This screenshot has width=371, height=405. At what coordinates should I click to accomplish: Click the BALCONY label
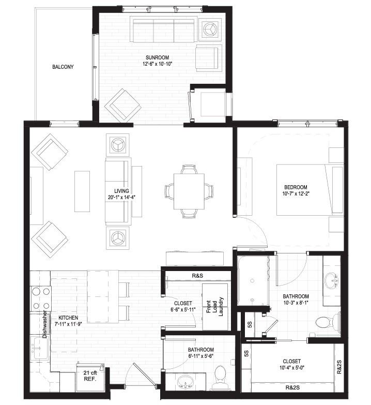(63, 67)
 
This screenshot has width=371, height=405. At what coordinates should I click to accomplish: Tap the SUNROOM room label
(158, 57)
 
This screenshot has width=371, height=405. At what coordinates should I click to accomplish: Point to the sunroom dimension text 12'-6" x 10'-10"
(158, 64)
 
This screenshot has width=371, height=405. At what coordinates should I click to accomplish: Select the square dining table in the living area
(189, 191)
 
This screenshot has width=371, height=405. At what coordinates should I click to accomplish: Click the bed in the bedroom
(310, 190)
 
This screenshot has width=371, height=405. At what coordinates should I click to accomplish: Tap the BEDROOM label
(296, 187)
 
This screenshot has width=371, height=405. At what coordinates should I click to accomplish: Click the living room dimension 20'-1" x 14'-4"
(122, 198)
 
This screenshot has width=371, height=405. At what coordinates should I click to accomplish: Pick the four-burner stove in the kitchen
(41, 298)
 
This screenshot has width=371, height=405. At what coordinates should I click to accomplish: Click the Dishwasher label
(45, 324)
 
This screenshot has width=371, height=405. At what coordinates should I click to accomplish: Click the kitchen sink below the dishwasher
(39, 348)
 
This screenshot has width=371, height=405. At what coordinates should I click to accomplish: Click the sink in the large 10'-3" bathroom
(332, 281)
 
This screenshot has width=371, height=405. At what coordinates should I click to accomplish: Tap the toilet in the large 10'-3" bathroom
(327, 322)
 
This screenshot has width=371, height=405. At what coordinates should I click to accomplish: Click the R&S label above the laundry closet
(197, 276)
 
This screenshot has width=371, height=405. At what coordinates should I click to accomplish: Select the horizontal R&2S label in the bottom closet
(292, 387)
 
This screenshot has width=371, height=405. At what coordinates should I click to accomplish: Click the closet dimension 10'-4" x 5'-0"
(292, 367)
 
